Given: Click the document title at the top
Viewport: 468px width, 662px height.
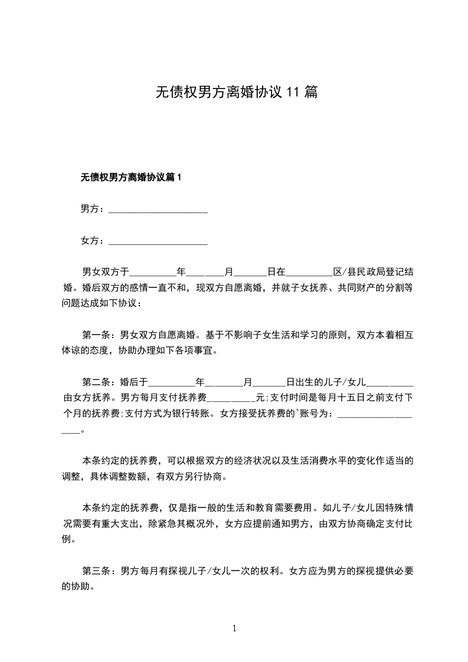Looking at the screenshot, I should [x=237, y=92].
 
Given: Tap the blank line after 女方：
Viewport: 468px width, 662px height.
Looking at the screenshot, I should [x=158, y=242].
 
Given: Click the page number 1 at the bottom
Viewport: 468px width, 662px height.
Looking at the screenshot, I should [x=234, y=628].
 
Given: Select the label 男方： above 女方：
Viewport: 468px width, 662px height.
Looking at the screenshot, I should [x=93, y=209].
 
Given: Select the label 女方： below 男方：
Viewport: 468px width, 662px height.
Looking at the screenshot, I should [x=93, y=241].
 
